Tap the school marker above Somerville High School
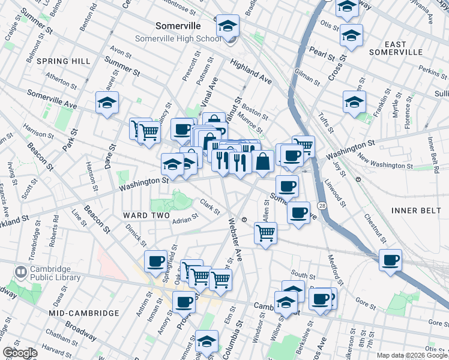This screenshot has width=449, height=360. click(228, 26)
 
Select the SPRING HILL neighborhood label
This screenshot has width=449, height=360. click(63, 61)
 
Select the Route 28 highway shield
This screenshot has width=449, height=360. click(322, 206)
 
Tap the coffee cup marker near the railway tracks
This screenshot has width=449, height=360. click(390, 261)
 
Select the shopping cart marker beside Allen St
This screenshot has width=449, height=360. click(265, 233)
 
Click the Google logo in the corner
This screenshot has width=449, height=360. click(20, 352)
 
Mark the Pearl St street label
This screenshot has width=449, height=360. click(322, 53)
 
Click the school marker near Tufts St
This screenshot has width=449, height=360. click(354, 102)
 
